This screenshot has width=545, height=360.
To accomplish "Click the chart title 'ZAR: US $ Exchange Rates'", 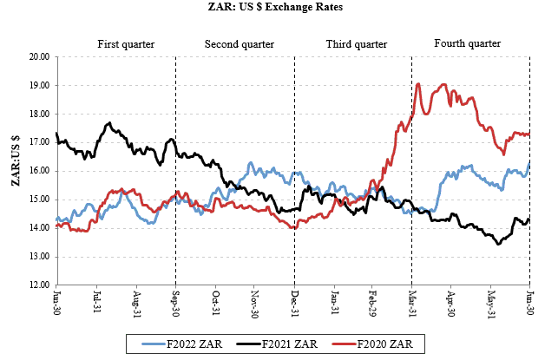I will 272,7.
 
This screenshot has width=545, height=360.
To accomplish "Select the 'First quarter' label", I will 127,43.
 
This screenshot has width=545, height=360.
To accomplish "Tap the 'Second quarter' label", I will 239,43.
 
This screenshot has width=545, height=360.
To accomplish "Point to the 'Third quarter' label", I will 356,43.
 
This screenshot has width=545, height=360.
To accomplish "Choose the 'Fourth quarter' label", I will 469,43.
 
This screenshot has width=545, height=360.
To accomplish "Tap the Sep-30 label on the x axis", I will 174,303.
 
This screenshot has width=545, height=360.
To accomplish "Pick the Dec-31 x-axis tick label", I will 293,303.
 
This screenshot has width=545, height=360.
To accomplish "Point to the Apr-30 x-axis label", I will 450,303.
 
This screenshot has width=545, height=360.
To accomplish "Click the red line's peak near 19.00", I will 419,84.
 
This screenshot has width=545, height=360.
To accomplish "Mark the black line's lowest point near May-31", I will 498,244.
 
